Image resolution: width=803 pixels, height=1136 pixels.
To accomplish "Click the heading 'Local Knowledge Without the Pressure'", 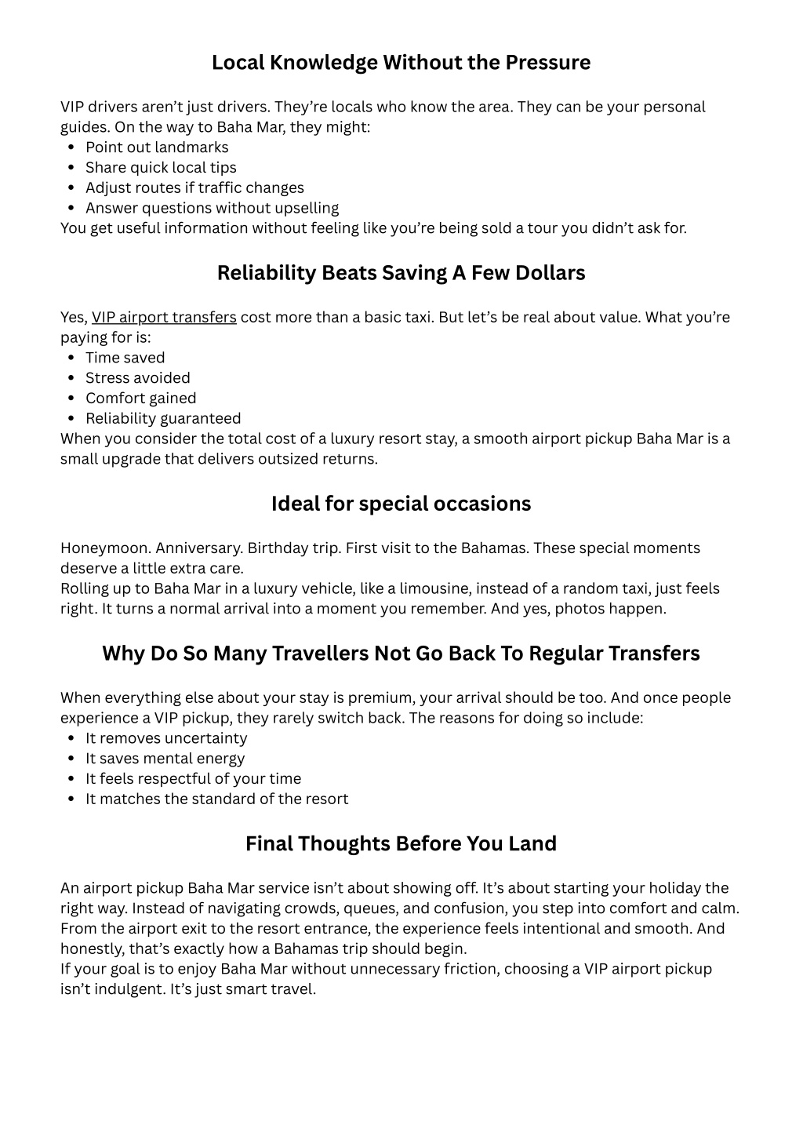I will (x=401, y=63).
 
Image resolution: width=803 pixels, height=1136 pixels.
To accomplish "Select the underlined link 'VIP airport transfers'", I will (x=164, y=318).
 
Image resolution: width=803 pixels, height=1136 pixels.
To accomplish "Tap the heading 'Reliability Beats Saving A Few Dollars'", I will (x=401, y=273).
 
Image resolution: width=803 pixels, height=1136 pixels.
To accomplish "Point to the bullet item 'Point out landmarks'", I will (x=157, y=147).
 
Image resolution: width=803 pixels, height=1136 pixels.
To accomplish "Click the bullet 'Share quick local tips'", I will (x=161, y=168).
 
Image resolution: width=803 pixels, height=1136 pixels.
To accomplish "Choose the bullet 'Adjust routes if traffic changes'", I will (x=194, y=188).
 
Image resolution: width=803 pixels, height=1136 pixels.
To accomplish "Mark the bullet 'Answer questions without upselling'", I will (x=212, y=208).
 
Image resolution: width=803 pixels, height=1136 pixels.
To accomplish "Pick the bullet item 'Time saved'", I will (x=125, y=359).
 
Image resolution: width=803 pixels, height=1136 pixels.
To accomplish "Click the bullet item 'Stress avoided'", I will (x=137, y=378).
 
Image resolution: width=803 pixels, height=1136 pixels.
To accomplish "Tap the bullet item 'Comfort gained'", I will (x=140, y=399).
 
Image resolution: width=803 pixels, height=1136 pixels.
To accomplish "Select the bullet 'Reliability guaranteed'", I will (x=163, y=419).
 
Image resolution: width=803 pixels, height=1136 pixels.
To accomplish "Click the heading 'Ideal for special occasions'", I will (x=401, y=504).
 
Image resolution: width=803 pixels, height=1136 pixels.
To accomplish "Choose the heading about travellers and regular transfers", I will (x=401, y=654).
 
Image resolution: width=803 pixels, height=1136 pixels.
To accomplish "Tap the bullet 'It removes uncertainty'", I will (x=166, y=739).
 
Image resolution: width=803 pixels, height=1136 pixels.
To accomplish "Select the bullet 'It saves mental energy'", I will (x=165, y=759).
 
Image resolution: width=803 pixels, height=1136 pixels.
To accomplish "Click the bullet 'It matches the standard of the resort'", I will (x=216, y=799).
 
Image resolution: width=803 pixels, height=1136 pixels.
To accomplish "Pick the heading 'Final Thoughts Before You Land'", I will (x=401, y=844).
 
